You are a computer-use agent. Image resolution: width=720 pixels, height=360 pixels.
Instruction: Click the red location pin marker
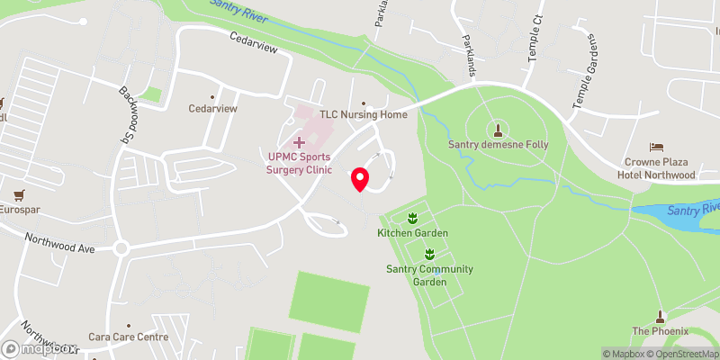(x=360, y=178)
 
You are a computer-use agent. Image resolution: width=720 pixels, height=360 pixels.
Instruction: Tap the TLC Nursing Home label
(x=364, y=115)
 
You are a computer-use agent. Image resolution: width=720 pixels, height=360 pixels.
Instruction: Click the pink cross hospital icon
(x=300, y=142)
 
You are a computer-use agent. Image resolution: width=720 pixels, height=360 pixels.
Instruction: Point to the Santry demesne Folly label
(x=498, y=144)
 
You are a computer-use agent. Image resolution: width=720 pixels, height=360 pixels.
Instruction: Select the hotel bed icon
(x=656, y=147)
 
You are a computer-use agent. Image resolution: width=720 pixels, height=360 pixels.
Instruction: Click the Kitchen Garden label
(x=412, y=233)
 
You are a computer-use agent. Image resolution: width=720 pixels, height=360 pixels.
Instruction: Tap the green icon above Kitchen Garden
(x=412, y=217)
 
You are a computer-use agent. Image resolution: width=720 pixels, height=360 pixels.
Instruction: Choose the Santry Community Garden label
(x=429, y=274)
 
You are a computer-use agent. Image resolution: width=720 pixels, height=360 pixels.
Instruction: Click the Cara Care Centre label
(x=129, y=337)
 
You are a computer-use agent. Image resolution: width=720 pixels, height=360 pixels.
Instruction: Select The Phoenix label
(x=660, y=331)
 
